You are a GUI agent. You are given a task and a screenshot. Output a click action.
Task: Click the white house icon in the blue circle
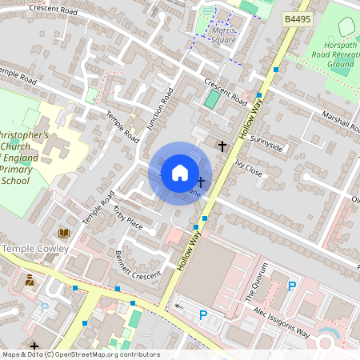(180, 172)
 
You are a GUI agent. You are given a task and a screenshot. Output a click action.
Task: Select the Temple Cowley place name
(35, 249)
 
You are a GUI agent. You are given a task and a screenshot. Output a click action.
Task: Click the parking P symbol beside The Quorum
(292, 286)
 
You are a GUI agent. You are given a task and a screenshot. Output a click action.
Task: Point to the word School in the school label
(15, 181)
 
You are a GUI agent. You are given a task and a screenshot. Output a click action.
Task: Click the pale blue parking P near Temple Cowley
(45, 307)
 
